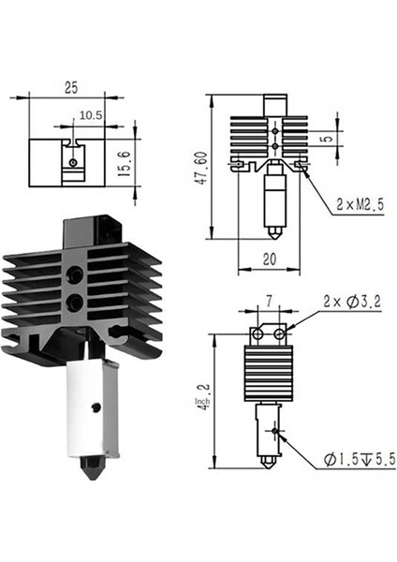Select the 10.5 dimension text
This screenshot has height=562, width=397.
click(90, 115)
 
